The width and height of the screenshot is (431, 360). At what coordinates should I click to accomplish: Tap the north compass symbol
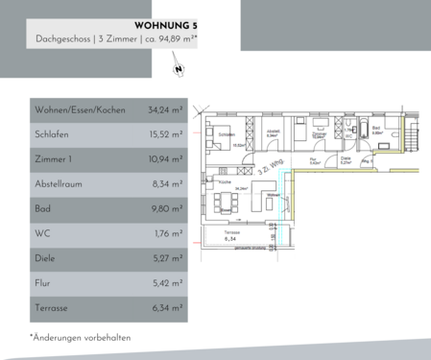pyautogui.click(x=178, y=69)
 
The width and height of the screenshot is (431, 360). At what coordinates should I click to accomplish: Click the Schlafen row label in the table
pyautogui.click(x=52, y=135)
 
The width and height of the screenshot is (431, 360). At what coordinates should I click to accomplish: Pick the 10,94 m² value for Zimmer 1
pyautogui.click(x=166, y=160)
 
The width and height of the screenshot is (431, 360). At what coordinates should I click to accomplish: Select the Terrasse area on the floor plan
pyautogui.click(x=230, y=236)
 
